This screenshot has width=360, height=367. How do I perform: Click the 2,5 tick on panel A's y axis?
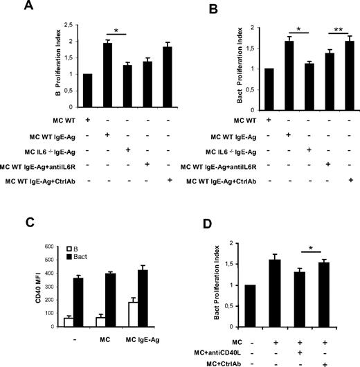(69, 23)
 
